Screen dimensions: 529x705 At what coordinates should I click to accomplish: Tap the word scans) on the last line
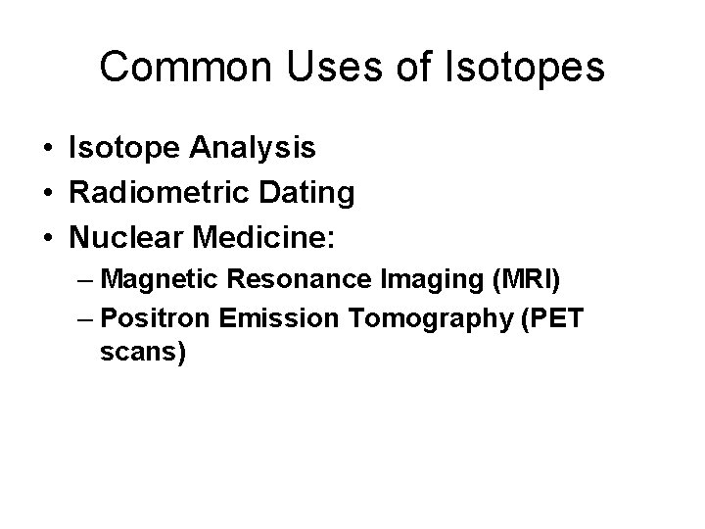[x=142, y=353]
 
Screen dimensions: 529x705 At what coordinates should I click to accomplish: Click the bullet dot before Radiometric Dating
[x=48, y=193]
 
